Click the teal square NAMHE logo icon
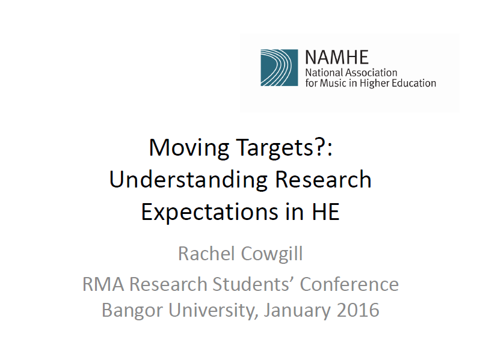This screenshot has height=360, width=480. pyautogui.click(x=279, y=67)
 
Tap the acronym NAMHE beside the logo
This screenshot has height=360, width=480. pyautogui.click(x=337, y=57)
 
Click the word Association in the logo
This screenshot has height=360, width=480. pyautogui.click(x=371, y=73)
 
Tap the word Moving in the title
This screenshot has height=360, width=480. pyautogui.click(x=189, y=148)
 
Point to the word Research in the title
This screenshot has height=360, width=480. pyautogui.click(x=323, y=179)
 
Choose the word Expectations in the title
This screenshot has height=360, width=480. pyautogui.click(x=210, y=212)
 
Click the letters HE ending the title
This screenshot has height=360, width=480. pyautogui.click(x=326, y=212)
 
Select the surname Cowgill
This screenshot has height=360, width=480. pyautogui.click(x=272, y=254)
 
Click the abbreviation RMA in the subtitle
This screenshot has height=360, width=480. pyautogui.click(x=103, y=284)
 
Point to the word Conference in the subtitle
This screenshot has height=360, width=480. pyautogui.click(x=349, y=284)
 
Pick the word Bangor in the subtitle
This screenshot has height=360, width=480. pyautogui.click(x=132, y=310)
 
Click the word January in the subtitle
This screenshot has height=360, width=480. pyautogui.click(x=297, y=310)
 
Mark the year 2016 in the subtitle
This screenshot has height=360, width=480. pyautogui.click(x=358, y=310)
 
